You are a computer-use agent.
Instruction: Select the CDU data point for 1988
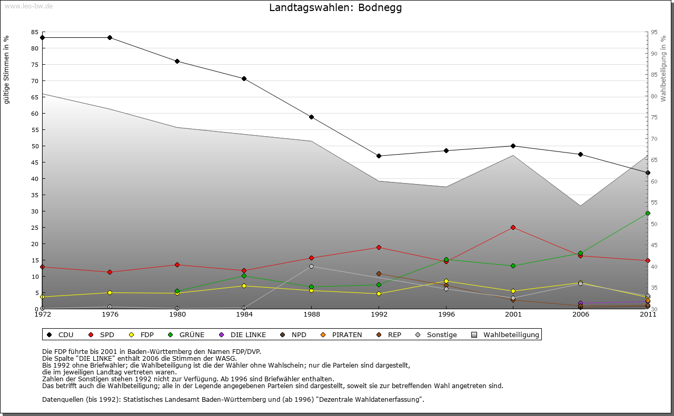pos(311,117)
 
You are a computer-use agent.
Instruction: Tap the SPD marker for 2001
pos(513,227)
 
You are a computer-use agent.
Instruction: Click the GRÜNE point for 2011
pos(648,213)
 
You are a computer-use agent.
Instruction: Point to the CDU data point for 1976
pos(110,37)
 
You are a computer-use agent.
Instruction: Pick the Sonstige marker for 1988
pos(311,266)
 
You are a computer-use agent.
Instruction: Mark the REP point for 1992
pos(379,273)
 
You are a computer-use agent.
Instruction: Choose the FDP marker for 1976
pos(110,292)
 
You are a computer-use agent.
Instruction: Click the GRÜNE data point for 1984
pos(244,276)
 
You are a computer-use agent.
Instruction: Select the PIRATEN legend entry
pos(342,334)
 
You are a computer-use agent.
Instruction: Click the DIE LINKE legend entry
pos(243,334)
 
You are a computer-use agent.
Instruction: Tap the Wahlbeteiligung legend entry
pos(506,334)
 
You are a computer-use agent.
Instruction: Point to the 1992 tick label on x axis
pos(379,314)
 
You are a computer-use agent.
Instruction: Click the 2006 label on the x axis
pos(580,314)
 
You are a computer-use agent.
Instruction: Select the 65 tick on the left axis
pos(34,97)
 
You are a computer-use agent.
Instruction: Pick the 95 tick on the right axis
pos(654,32)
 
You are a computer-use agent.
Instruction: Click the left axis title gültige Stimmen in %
pos(7,70)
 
